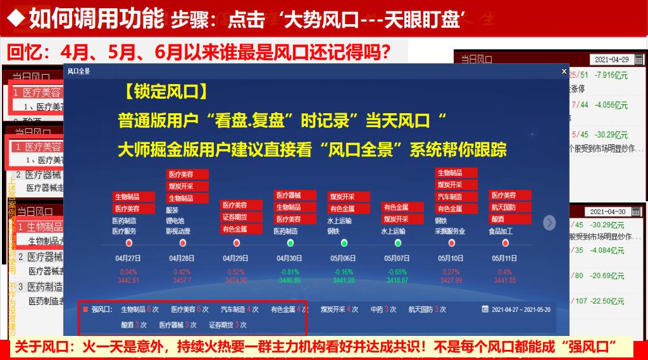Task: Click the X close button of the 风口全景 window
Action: pyautogui.click(x=564, y=71)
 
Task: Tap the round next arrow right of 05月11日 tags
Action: pyautogui.click(x=549, y=223)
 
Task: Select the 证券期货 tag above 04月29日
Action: pyautogui.click(x=234, y=217)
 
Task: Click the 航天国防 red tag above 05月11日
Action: pyautogui.click(x=504, y=207)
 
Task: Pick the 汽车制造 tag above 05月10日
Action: pyautogui.click(x=450, y=197)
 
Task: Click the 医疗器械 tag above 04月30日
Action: pyautogui.click(x=288, y=196)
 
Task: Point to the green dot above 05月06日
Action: pyautogui.click(x=344, y=243)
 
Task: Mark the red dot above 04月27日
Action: pyautogui.click(x=129, y=243)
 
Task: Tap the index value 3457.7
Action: pyautogui.click(x=182, y=280)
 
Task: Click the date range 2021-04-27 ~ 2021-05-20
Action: pyautogui.click(x=521, y=309)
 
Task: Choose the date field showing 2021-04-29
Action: pyautogui.click(x=611, y=59)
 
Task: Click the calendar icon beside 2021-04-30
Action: pyautogui.click(x=639, y=211)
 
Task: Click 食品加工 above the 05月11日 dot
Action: pyautogui.click(x=501, y=232)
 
